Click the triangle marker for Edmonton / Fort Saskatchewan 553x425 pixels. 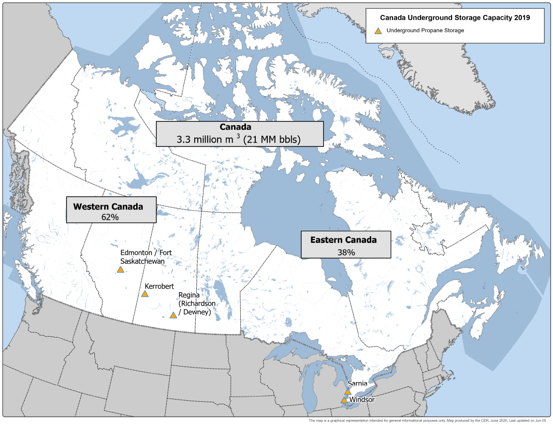click(121, 269)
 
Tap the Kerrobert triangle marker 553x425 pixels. click(145, 294)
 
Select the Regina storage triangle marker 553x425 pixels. click(173, 315)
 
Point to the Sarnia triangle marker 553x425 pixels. click(348, 392)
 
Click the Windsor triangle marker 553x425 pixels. click(344, 400)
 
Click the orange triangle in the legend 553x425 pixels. click(378, 31)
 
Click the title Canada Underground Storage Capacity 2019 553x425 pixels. click(455, 18)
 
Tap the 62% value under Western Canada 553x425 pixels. click(110, 217)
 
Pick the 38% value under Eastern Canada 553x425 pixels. click(346, 252)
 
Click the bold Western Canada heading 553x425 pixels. click(108, 206)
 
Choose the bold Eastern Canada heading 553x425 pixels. click(343, 240)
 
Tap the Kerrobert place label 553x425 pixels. click(159, 286)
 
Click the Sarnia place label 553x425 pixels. click(358, 384)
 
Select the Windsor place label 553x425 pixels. click(362, 400)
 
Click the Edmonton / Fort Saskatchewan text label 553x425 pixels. click(146, 257)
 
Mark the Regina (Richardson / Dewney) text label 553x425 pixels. click(195, 303)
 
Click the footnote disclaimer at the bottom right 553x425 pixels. click(427, 421)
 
